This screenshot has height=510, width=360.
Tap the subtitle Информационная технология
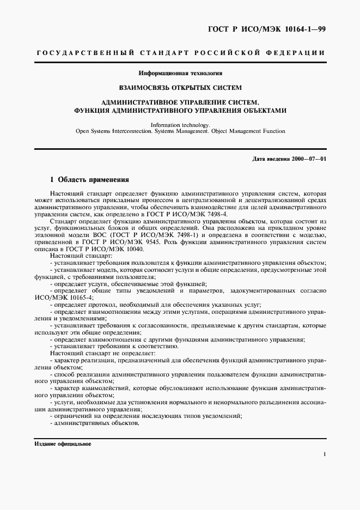click(x=179, y=72)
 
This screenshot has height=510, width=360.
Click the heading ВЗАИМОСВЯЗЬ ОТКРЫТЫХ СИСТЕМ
click(x=180, y=87)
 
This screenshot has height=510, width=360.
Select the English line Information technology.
click(x=179, y=124)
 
